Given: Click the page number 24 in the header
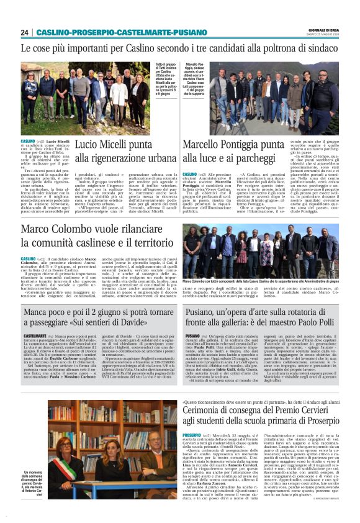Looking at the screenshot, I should tap(25, 33).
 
